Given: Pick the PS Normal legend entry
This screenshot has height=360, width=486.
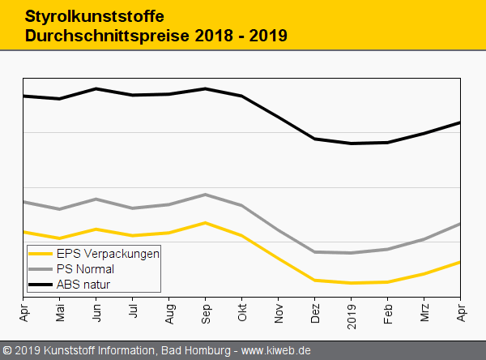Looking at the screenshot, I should click(85, 268).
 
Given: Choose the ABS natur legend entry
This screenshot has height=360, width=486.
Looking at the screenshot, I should click(83, 284).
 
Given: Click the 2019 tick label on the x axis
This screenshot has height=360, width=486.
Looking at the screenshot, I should click(352, 311).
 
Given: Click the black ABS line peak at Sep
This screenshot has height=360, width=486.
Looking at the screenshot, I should click(206, 88).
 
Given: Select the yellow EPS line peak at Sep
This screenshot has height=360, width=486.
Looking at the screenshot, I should click(206, 222).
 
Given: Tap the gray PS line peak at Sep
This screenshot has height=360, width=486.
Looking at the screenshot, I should click(206, 195).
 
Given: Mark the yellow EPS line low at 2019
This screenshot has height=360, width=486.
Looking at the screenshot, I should click(352, 283).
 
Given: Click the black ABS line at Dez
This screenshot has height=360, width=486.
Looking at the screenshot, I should click(315, 139).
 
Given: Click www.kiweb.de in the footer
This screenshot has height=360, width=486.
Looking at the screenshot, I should click(276, 350).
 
